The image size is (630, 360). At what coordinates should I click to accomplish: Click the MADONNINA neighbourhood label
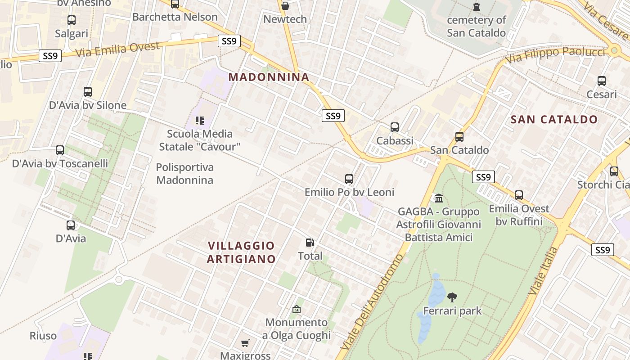coord(269,77)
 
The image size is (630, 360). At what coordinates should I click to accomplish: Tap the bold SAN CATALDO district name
coord(554,120)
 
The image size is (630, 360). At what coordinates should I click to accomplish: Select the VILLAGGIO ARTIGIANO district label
coord(241,252)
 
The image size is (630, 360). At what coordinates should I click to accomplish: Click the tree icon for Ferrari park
coord(452,297)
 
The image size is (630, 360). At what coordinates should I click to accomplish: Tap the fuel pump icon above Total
coord(310,243)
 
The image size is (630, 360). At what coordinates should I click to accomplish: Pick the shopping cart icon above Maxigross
coord(245,343)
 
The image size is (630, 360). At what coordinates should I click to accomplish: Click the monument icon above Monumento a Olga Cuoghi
coord(296,309)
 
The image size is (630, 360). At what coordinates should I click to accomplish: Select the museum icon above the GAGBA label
coord(439,198)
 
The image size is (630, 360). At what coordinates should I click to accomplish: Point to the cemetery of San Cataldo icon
coord(476,7)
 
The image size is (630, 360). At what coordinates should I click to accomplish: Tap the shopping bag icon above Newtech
coord(285,6)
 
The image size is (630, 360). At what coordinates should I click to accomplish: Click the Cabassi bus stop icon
coord(395,127)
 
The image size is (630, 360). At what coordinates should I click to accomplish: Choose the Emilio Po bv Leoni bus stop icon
coord(349,179)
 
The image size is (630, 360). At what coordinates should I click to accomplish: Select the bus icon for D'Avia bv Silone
coord(88,92)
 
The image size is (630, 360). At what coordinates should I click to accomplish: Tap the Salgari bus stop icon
coord(71,20)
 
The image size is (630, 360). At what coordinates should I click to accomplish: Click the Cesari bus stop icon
coord(602,81)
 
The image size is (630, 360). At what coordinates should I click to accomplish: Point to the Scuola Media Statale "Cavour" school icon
coord(200,121)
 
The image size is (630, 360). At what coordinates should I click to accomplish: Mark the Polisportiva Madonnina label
coord(184,174)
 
